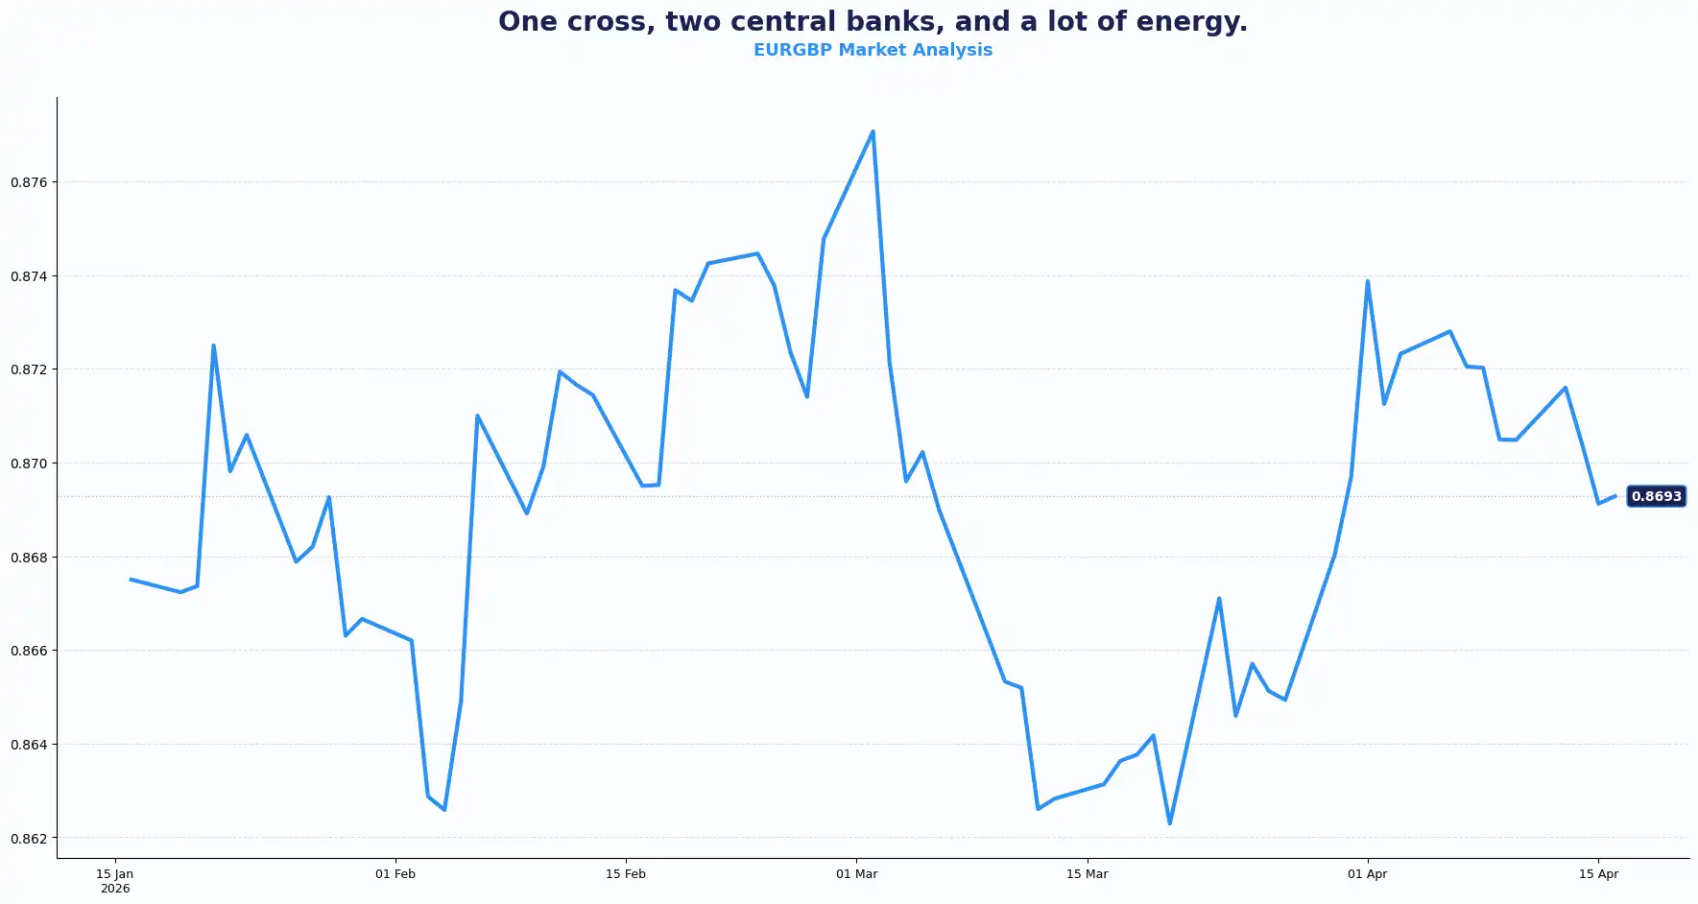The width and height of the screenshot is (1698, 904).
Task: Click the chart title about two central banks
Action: pyautogui.click(x=873, y=22)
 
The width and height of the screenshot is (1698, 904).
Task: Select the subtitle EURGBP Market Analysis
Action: pyautogui.click(x=873, y=50)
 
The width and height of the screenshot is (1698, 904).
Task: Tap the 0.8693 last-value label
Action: pyautogui.click(x=1656, y=496)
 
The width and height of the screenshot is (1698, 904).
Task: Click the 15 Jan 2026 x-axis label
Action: pyautogui.click(x=115, y=881)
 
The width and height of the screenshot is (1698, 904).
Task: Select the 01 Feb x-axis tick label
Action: pyautogui.click(x=395, y=874)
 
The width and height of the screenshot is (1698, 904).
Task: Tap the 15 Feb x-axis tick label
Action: pyautogui.click(x=626, y=874)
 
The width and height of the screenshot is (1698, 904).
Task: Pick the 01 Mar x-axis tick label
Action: pyautogui.click(x=856, y=874)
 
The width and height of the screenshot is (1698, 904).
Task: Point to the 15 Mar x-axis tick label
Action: pyautogui.click(x=1087, y=874)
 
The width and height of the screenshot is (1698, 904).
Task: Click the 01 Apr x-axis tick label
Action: pyautogui.click(x=1367, y=874)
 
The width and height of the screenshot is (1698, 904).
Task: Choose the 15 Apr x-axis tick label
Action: pyautogui.click(x=1598, y=874)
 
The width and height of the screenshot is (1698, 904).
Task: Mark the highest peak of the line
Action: pyautogui.click(x=873, y=131)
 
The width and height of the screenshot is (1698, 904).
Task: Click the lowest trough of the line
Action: pyautogui.click(x=1169, y=823)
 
